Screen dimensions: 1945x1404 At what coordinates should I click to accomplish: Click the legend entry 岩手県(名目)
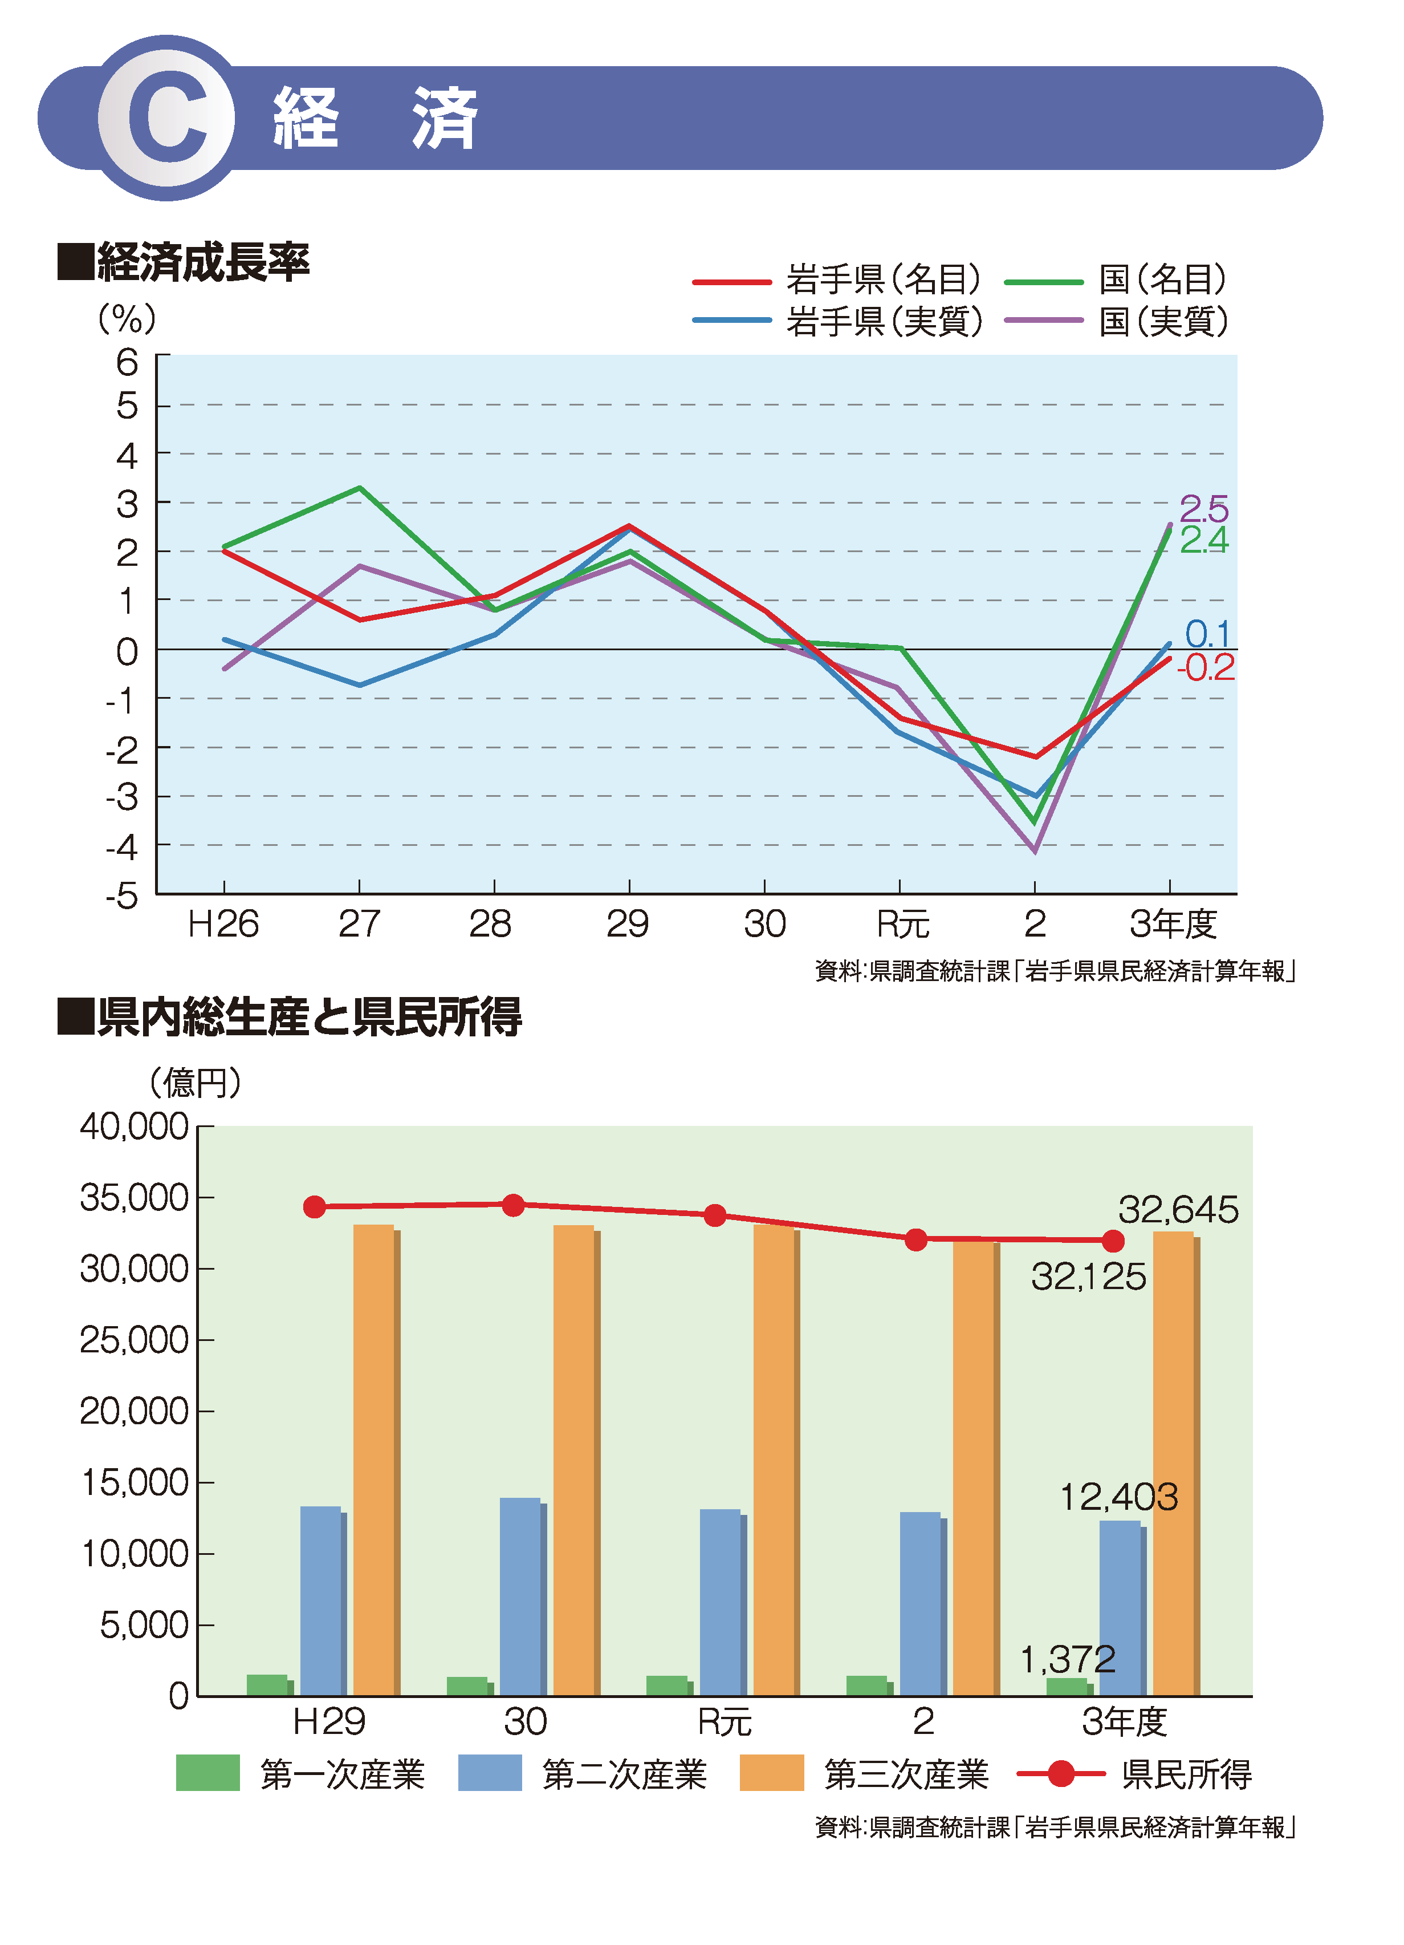pyautogui.click(x=883, y=279)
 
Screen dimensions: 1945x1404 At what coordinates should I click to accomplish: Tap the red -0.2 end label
pyautogui.click(x=1205, y=668)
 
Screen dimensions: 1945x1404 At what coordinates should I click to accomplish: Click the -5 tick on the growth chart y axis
pyautogui.click(x=123, y=896)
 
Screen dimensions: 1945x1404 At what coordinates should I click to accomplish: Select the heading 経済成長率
pyautogui.click(x=202, y=262)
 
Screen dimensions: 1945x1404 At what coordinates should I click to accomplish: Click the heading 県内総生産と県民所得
pyautogui.click(x=308, y=1017)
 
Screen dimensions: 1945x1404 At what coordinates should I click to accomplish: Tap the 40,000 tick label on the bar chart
pyautogui.click(x=135, y=1126)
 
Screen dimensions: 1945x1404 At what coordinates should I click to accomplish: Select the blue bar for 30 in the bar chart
pyautogui.click(x=521, y=1596)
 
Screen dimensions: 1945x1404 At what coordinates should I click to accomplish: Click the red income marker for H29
pyautogui.click(x=315, y=1206)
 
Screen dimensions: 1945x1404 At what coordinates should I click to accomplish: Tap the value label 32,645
pyautogui.click(x=1178, y=1210)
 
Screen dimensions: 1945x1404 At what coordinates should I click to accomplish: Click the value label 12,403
pyautogui.click(x=1118, y=1497)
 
